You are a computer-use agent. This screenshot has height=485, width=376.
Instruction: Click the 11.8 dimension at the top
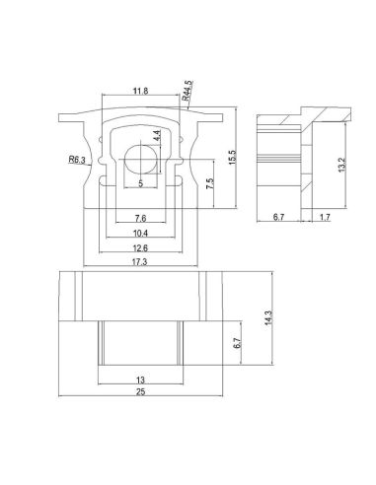click(140, 92)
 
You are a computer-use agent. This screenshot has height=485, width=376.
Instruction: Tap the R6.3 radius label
click(78, 158)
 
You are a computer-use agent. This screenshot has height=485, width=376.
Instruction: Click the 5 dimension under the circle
click(140, 183)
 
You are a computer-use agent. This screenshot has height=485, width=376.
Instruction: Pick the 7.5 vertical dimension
click(208, 184)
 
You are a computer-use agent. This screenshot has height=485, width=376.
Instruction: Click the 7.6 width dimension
click(140, 218)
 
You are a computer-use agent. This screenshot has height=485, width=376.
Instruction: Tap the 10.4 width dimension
click(140, 234)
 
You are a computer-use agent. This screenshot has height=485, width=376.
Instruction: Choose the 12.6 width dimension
click(140, 248)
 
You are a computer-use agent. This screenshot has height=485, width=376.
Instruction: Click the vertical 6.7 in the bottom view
click(237, 344)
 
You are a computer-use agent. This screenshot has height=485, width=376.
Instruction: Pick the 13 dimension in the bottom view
click(140, 379)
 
